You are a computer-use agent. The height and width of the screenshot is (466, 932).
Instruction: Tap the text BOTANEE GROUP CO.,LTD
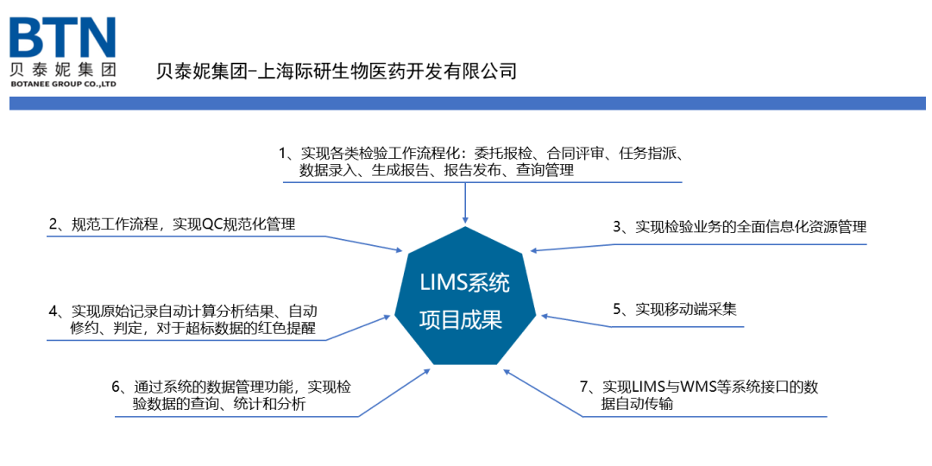pyautogui.click(x=63, y=85)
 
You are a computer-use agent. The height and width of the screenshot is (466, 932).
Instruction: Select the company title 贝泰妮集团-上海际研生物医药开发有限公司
pyautogui.click(x=337, y=71)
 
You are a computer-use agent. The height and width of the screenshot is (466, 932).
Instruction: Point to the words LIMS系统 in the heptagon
pyautogui.click(x=464, y=282)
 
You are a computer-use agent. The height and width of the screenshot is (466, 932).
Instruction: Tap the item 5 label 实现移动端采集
pyautogui.click(x=686, y=309)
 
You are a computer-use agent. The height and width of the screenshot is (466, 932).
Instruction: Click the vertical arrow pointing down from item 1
pyautogui.click(x=465, y=204)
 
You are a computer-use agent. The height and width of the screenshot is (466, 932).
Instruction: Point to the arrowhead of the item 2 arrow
pyautogui.click(x=400, y=250)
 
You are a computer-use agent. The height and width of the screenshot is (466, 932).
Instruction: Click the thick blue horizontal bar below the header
pyautogui.click(x=466, y=104)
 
